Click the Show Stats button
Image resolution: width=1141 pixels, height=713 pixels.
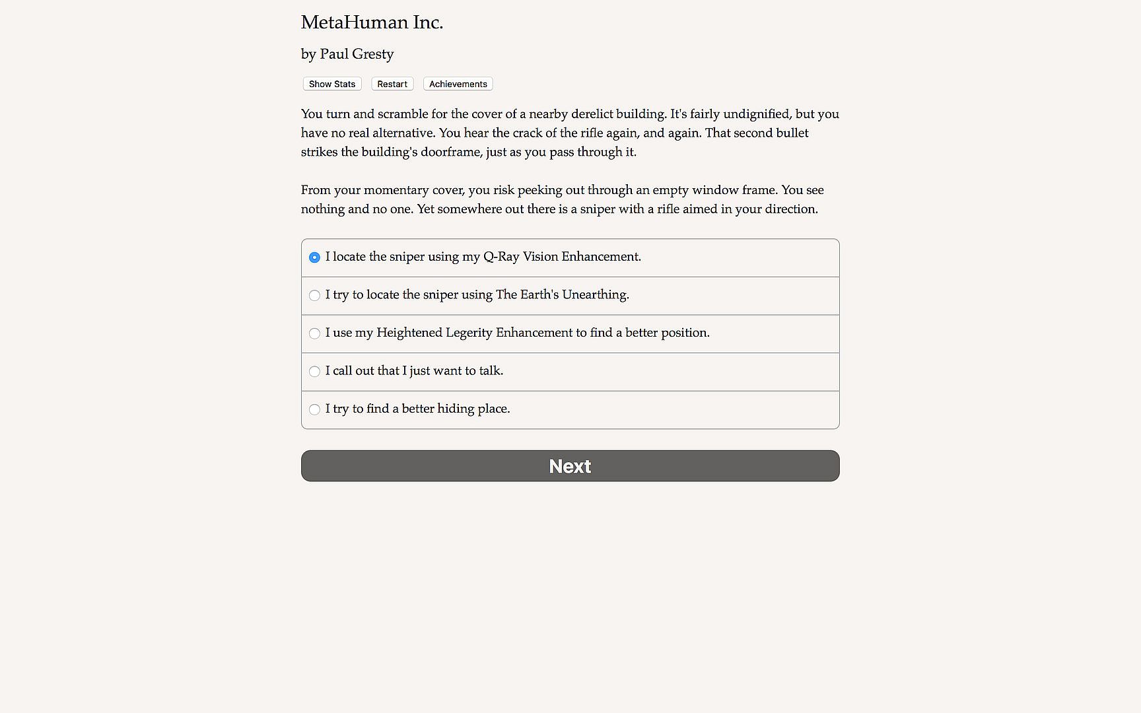(x=332, y=84)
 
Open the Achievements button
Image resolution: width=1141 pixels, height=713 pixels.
(x=458, y=84)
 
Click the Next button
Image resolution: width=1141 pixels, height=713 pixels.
(x=570, y=466)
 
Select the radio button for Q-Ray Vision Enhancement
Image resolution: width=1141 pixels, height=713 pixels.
(x=314, y=257)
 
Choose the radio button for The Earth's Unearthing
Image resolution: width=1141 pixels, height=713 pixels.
(x=314, y=296)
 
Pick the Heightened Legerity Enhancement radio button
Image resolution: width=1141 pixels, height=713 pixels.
(x=314, y=333)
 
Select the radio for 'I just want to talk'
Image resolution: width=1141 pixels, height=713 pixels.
(x=314, y=372)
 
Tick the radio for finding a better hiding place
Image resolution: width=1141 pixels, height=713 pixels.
(x=314, y=410)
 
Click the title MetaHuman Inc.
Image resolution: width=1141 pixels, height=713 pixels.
(x=372, y=22)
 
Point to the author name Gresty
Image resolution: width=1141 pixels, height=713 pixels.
(x=373, y=54)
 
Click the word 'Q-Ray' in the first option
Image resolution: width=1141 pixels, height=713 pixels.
(x=501, y=257)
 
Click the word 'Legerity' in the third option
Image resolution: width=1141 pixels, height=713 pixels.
(x=469, y=333)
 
